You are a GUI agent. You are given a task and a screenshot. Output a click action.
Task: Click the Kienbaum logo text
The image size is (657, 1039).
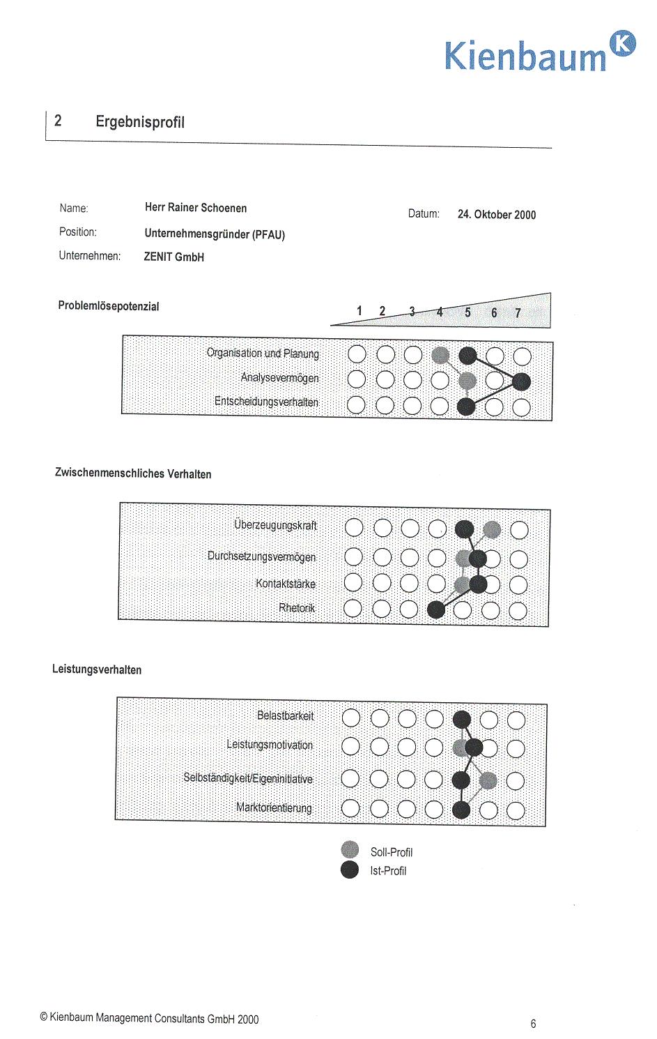click(525, 56)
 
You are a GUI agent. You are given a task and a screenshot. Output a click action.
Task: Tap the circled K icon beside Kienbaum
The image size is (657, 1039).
click(622, 43)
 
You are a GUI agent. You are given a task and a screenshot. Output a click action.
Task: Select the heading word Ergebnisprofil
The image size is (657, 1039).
click(140, 122)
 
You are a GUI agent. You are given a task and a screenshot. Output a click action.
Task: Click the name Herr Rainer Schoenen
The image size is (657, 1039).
click(196, 208)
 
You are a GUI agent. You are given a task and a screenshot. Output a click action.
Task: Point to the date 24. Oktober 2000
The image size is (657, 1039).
click(497, 215)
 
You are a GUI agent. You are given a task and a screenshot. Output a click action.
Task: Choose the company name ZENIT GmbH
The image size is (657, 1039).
click(174, 257)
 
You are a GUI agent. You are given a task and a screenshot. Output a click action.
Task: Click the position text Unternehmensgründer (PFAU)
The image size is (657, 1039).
click(215, 234)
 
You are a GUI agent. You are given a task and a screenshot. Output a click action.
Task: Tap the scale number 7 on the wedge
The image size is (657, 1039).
click(518, 313)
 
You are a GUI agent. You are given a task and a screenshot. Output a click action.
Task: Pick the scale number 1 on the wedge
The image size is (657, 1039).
click(360, 311)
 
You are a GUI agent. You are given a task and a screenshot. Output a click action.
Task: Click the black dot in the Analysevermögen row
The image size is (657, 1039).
click(521, 381)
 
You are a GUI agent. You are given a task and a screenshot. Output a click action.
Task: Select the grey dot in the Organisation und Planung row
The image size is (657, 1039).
click(440, 355)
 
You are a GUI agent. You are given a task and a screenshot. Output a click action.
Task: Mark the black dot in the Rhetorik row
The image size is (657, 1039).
click(436, 609)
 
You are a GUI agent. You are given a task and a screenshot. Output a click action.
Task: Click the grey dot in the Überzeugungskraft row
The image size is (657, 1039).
click(492, 530)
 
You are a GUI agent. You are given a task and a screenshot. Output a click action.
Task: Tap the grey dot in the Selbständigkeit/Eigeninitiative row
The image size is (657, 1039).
click(488, 780)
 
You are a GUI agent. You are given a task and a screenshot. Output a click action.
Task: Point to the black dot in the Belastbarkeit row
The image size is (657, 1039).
click(461, 719)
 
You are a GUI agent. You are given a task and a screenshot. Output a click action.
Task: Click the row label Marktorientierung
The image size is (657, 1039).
click(274, 807)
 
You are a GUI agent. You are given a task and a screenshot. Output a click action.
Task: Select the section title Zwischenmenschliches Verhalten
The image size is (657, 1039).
click(133, 474)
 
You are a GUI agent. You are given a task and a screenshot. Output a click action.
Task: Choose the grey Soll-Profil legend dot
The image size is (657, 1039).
click(350, 849)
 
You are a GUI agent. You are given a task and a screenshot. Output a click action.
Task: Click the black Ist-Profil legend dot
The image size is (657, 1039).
click(350, 870)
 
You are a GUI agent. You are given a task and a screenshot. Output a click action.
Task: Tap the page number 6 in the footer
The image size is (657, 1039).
click(534, 1024)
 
